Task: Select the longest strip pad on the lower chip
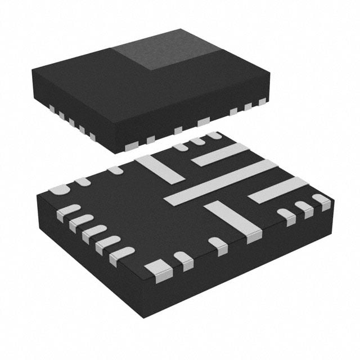(x=220, y=181)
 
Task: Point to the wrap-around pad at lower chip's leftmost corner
(x=58, y=190)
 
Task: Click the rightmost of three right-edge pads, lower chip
(x=321, y=201)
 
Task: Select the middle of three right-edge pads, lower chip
(x=304, y=208)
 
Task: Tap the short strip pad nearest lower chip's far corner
(x=220, y=154)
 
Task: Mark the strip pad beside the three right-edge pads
(x=278, y=190)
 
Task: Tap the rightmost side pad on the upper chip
(x=262, y=102)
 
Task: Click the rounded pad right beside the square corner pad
(x=183, y=260)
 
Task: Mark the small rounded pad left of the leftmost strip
(x=115, y=169)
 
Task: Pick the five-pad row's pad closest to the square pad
(x=122, y=255)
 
